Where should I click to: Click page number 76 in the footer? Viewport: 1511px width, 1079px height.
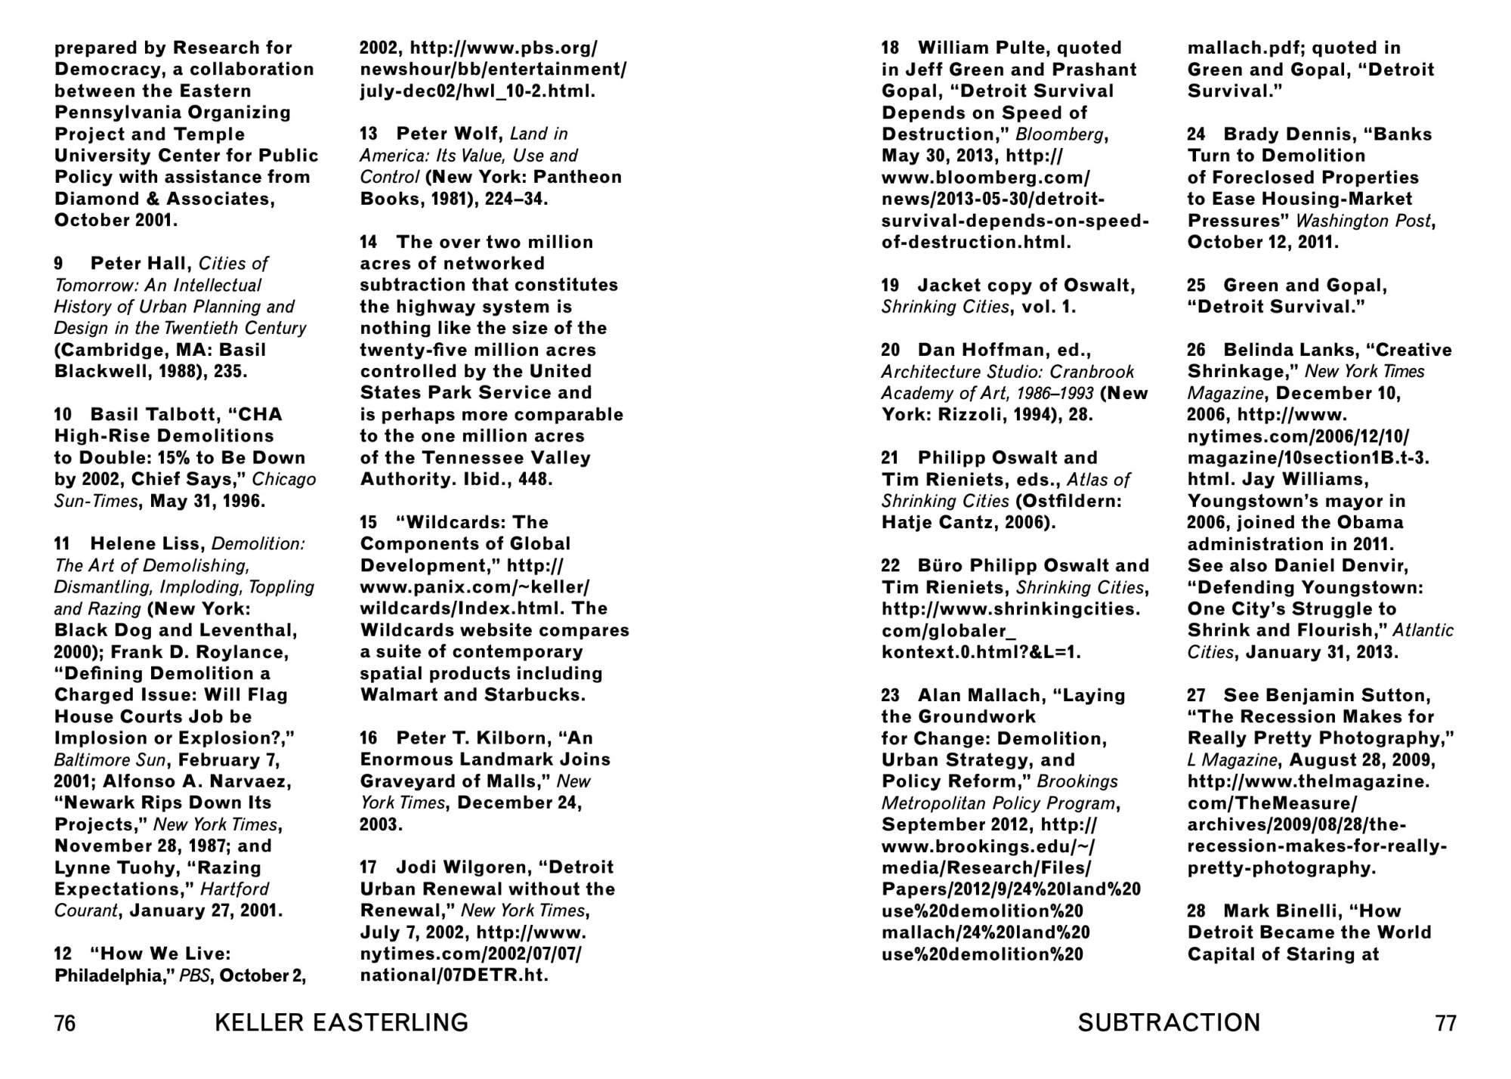(x=65, y=1023)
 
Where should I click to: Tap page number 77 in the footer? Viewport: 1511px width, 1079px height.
(x=1445, y=1023)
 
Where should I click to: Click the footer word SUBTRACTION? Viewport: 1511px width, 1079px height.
(x=1169, y=1023)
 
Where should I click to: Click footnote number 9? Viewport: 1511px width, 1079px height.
(x=59, y=264)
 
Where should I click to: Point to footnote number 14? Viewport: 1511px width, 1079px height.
(x=369, y=243)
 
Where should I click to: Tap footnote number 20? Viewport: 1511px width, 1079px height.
(x=891, y=351)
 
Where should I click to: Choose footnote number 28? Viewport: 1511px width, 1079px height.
(x=1196, y=911)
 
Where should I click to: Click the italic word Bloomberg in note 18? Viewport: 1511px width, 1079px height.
(x=1061, y=134)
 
